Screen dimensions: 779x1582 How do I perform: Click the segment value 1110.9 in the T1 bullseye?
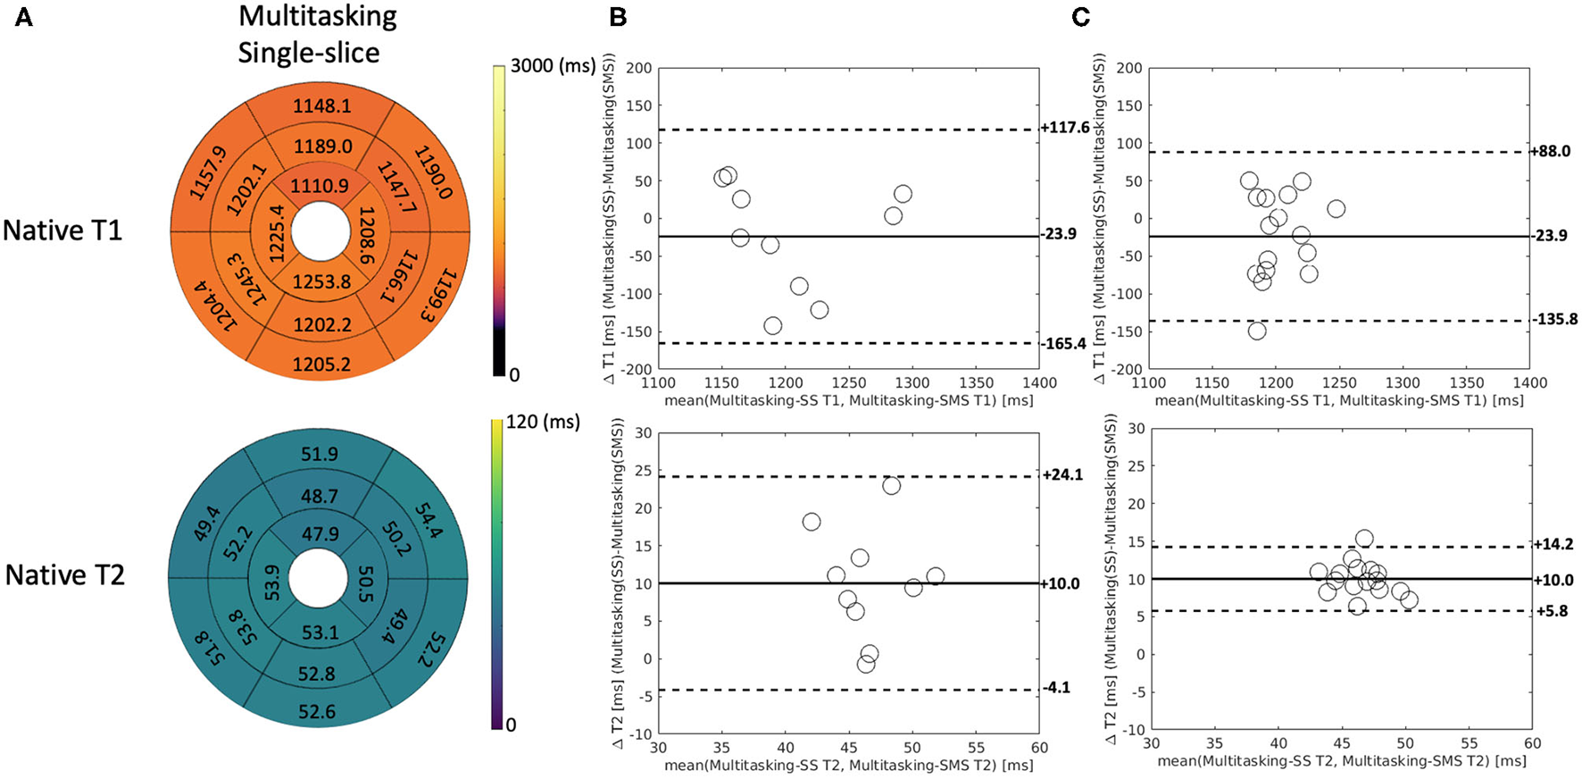click(320, 186)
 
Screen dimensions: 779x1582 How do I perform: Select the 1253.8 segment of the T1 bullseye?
click(321, 281)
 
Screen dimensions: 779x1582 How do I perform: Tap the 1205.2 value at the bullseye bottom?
click(321, 364)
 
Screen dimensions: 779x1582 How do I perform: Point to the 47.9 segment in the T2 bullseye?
click(320, 534)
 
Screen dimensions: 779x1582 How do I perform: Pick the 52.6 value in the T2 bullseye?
click(318, 711)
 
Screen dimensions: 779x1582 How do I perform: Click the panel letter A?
click(24, 17)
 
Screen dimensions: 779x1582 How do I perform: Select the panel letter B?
click(617, 17)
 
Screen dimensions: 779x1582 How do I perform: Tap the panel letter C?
click(1080, 17)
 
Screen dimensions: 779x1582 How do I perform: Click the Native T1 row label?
click(62, 230)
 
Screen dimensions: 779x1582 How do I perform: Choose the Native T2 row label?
click(64, 574)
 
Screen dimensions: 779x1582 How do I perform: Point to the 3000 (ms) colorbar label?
click(553, 66)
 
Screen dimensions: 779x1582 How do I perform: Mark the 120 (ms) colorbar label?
click(543, 421)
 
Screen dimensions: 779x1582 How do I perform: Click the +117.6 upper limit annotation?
click(1065, 128)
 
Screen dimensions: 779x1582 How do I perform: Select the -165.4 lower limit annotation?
click(1064, 343)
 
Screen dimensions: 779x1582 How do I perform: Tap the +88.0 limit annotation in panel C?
click(1551, 151)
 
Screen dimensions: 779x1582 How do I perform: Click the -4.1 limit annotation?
click(1056, 688)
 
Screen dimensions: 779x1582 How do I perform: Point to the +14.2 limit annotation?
click(1553, 544)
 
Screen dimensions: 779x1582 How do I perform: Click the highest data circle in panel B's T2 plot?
click(891, 486)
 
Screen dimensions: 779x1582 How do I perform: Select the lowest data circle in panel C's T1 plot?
click(1257, 331)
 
